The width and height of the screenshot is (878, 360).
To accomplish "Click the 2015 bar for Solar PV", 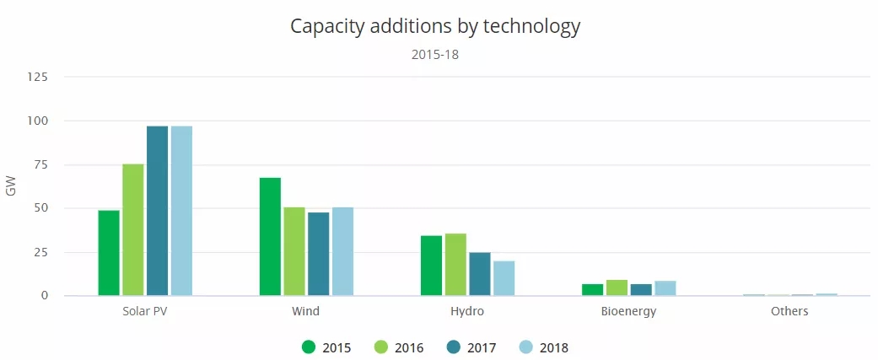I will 109,253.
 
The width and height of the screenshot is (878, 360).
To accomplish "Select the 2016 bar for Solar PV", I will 133,230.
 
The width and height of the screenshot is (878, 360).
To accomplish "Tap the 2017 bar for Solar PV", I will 157,211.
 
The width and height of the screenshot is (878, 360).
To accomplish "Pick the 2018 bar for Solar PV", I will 181,211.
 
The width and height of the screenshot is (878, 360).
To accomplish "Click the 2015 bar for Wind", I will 270,237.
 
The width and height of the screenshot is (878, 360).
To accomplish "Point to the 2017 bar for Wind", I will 318,254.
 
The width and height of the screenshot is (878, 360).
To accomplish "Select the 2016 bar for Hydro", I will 455,265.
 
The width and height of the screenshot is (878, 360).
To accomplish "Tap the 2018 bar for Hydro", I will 504,278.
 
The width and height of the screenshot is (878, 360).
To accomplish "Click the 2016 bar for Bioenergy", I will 617,287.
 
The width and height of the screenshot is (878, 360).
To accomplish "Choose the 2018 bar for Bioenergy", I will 665,288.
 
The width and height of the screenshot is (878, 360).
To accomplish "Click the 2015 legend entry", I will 326,347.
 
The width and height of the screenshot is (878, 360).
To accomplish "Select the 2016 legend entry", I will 399,347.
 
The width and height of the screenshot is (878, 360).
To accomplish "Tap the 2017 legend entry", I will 471,347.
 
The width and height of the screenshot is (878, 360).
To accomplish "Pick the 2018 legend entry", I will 544,347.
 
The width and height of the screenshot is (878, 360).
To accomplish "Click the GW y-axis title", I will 11,186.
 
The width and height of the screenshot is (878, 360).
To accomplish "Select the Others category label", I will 789,311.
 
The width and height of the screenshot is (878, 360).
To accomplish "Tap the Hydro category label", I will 467,311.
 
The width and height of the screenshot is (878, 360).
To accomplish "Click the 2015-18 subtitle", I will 435,55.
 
